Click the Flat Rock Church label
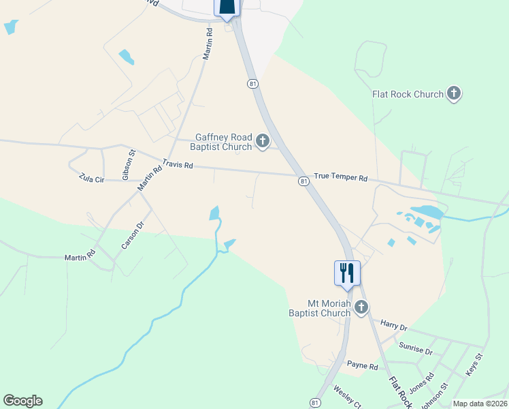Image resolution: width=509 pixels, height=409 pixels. click(408, 94)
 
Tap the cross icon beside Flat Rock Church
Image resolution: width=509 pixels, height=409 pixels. click(454, 94)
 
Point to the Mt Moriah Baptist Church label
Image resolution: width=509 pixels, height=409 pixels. click(320, 307)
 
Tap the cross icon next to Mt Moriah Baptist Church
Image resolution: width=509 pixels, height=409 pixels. click(361, 308)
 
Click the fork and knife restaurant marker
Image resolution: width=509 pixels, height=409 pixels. click(347, 273)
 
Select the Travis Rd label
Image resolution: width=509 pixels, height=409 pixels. click(178, 165)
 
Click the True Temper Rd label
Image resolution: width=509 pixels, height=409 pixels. click(340, 178)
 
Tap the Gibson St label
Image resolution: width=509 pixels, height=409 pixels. click(126, 165)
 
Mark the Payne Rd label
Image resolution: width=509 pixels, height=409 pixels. click(362, 366)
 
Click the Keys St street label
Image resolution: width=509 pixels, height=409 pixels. click(474, 365)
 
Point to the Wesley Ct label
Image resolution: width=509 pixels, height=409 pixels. click(346, 397)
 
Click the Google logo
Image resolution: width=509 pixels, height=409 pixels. click(22, 401)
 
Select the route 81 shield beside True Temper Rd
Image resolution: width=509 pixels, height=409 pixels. click(302, 181)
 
